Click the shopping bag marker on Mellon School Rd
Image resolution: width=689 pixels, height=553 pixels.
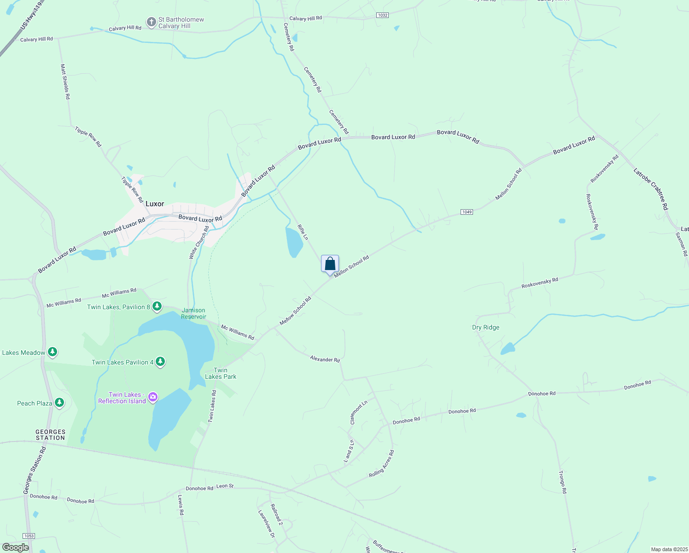click(x=330, y=265)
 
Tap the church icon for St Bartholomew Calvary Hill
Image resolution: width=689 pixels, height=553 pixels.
click(x=151, y=22)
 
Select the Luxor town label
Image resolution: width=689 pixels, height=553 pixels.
click(x=155, y=204)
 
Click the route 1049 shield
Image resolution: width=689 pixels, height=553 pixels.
click(x=467, y=212)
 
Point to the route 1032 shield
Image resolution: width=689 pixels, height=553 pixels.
click(x=382, y=15)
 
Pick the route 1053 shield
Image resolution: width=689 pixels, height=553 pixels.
click(x=29, y=535)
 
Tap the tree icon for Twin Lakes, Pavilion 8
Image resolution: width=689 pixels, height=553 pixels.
click(x=157, y=306)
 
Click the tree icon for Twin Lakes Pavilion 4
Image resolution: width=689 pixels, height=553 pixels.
click(x=160, y=362)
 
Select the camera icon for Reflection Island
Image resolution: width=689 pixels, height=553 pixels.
click(x=153, y=397)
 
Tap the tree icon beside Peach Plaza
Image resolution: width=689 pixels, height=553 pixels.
click(x=59, y=403)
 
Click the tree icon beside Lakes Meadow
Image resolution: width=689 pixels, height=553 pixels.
click(x=53, y=352)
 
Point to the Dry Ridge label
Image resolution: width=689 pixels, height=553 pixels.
click(x=485, y=328)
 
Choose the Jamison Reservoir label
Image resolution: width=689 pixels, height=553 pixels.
click(x=193, y=313)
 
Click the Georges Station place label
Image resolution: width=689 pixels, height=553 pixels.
click(x=51, y=435)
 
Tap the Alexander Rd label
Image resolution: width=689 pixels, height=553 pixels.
click(x=325, y=359)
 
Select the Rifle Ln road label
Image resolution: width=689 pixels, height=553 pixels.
click(x=303, y=232)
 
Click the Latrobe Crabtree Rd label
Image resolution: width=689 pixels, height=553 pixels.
click(x=650, y=189)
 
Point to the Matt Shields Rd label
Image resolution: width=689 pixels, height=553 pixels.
click(x=65, y=82)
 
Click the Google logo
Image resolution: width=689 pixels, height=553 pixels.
click(x=15, y=547)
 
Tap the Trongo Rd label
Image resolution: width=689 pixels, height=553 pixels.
click(x=562, y=482)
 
